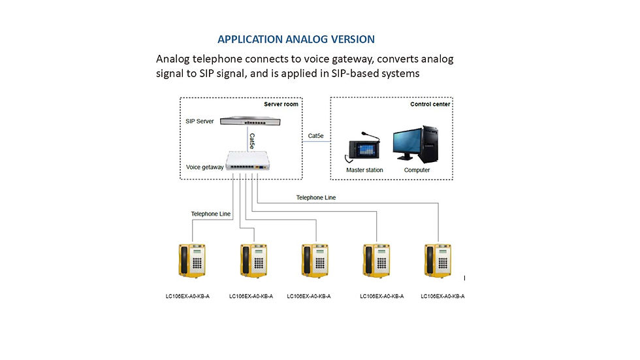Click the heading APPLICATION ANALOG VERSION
click(x=296, y=39)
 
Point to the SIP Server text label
click(x=200, y=122)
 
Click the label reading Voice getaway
click(x=204, y=167)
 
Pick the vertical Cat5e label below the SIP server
click(x=252, y=140)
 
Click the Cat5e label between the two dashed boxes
click(x=315, y=136)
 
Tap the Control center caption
click(x=430, y=104)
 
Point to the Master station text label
click(x=364, y=171)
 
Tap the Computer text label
click(x=417, y=171)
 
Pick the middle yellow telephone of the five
click(x=313, y=262)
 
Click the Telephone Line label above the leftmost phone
click(x=211, y=214)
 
